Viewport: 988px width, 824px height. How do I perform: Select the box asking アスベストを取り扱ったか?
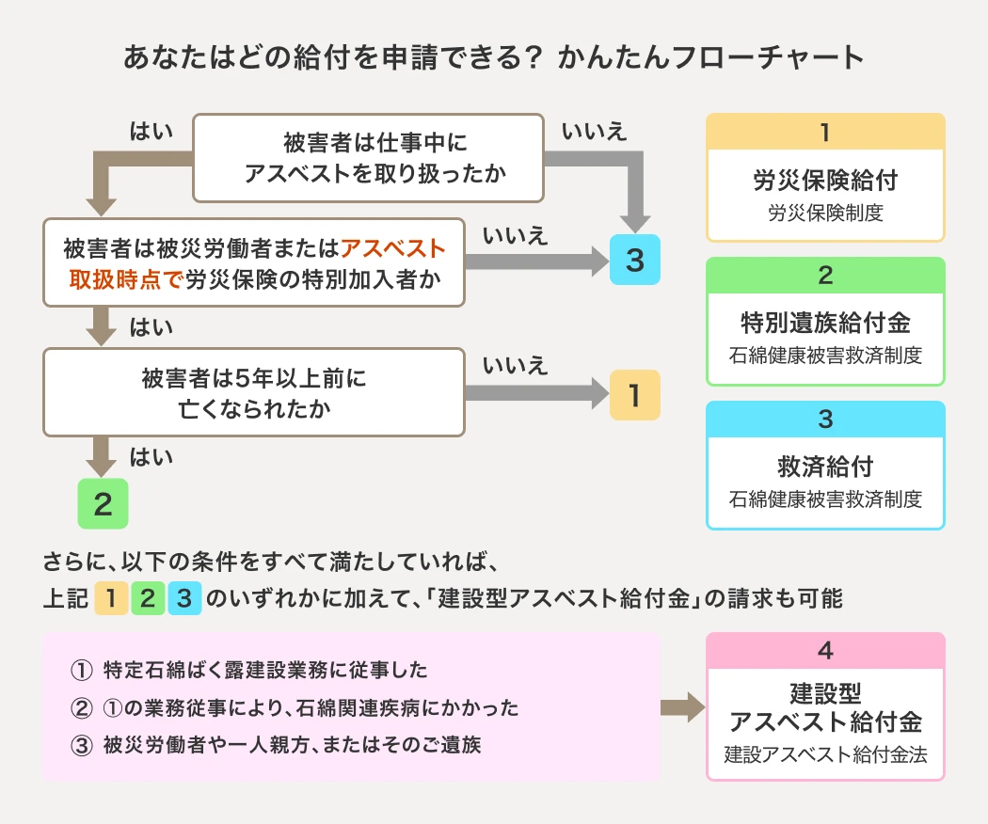368,158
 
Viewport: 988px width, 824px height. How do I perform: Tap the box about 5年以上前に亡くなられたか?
254,392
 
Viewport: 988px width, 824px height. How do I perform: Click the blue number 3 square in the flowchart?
635,261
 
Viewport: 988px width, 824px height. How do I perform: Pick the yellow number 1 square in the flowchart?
635,395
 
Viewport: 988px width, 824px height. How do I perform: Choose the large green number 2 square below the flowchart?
103,504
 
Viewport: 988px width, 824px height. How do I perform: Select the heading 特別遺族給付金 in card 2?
825,324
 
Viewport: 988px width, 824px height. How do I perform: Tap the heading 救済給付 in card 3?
825,467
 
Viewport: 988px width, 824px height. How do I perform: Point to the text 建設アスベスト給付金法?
825,754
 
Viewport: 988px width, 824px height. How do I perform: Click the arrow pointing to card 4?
684,707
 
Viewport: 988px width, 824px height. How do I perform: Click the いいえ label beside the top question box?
594,131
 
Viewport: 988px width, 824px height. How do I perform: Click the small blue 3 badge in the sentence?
184,597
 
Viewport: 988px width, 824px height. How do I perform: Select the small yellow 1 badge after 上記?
111,597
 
